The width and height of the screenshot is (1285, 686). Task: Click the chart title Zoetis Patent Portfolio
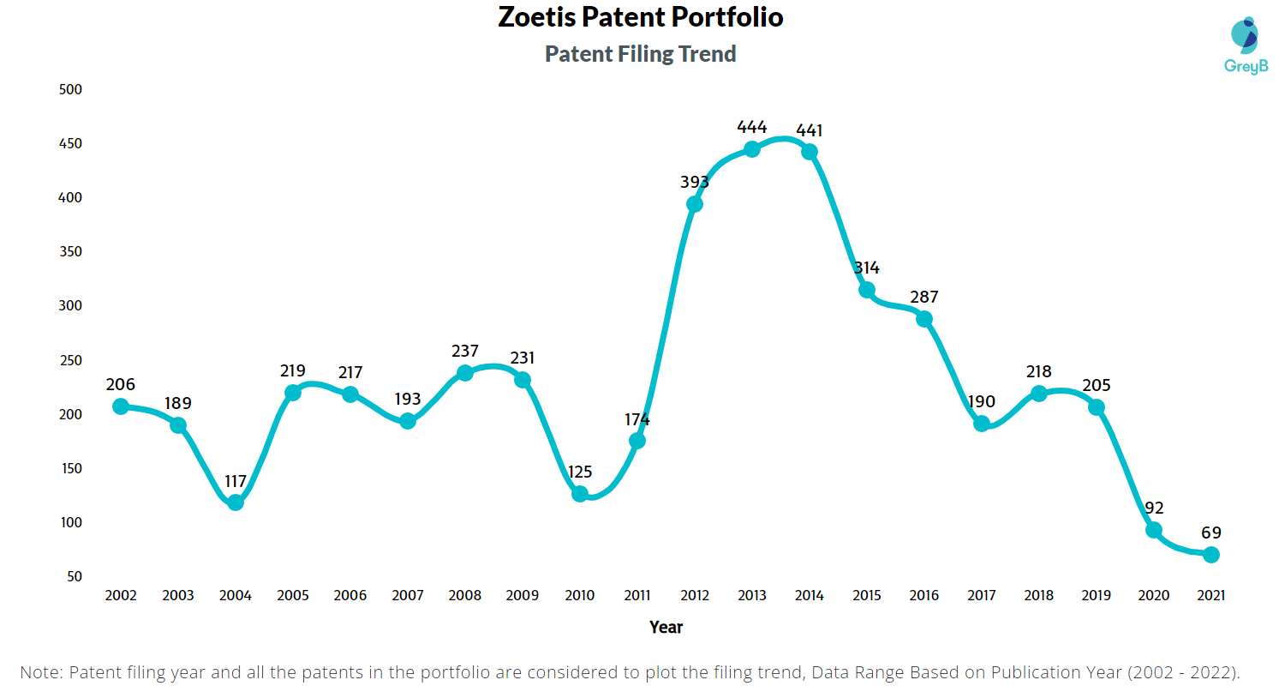[641, 17]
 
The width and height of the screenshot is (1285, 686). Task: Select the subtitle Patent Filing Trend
[641, 54]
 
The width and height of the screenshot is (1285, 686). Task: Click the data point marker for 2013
[752, 149]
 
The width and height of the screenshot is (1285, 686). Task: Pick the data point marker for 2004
[236, 502]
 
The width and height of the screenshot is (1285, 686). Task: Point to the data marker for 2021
[1210, 555]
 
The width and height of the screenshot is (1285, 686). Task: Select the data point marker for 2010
[580, 494]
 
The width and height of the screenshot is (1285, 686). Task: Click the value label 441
[810, 130]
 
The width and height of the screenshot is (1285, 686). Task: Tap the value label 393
[695, 182]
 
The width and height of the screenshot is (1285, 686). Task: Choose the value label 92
[1154, 508]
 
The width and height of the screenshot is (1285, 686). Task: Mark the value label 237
[465, 352]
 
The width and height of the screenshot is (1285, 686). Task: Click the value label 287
[924, 298]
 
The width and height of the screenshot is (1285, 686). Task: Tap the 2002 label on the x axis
[121, 595]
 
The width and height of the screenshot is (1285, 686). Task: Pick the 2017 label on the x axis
[982, 595]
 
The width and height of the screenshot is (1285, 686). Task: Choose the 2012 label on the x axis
[695, 595]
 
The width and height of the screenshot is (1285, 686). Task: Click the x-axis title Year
[666, 627]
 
